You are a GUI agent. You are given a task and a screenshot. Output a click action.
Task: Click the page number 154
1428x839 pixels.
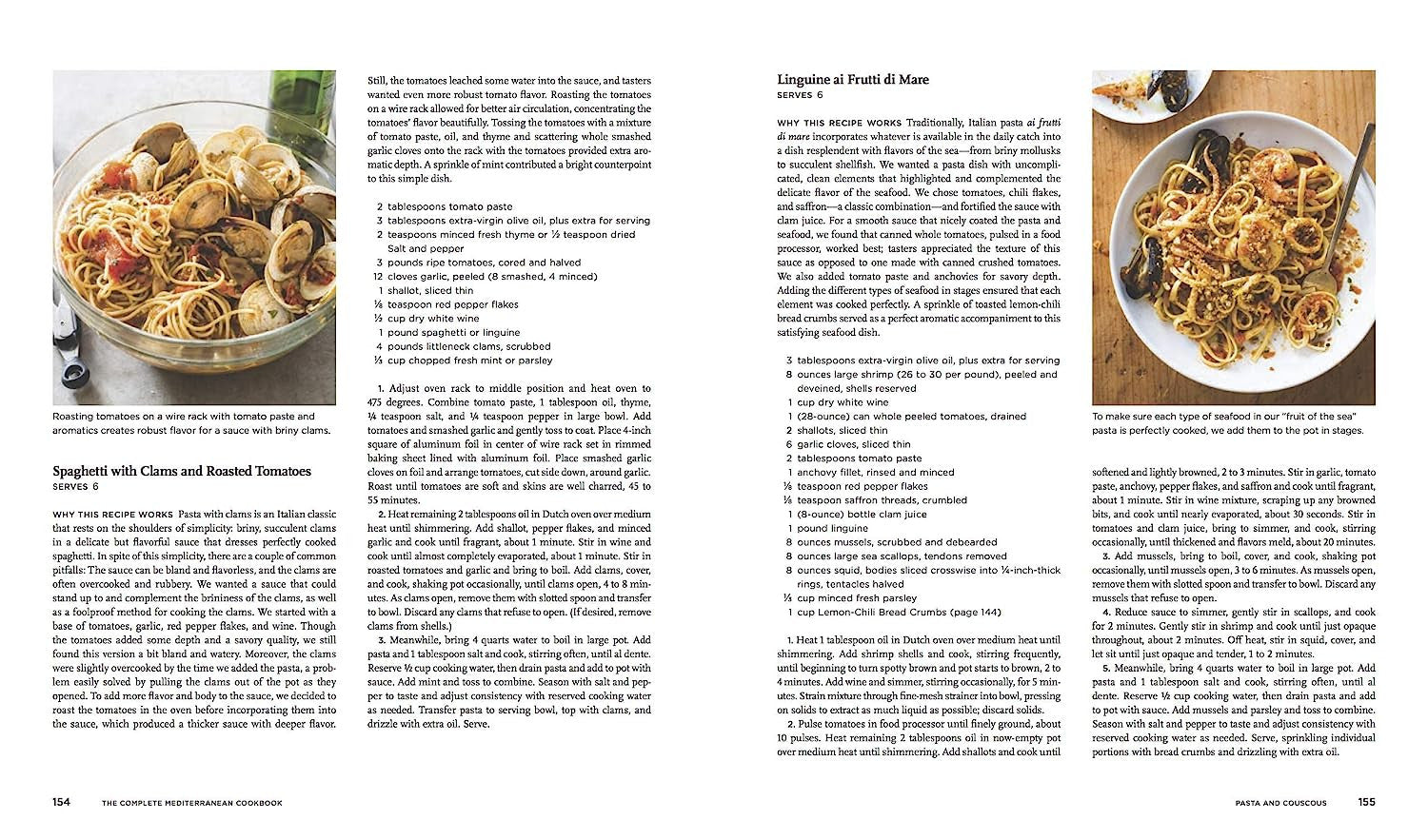(61, 802)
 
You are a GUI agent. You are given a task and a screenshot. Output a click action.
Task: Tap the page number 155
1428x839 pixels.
(1366, 802)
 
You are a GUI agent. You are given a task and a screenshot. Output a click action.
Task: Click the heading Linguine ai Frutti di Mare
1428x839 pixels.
(852, 80)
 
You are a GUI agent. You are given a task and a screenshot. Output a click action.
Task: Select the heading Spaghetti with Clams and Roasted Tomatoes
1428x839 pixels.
(182, 471)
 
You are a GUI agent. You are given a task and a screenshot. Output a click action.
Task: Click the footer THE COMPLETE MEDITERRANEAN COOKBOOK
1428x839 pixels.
(192, 803)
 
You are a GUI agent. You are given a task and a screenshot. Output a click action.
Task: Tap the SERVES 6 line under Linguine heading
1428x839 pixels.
(800, 95)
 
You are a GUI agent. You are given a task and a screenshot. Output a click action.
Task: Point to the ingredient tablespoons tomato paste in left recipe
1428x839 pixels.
(449, 206)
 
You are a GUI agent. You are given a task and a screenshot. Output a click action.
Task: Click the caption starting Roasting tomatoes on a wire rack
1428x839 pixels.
(190, 423)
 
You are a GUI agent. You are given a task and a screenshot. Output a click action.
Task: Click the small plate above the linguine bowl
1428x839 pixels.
(1147, 95)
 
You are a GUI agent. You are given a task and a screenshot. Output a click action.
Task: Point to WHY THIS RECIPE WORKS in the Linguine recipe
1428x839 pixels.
(839, 123)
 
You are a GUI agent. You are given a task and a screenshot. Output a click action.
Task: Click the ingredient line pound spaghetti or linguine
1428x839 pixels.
(453, 333)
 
